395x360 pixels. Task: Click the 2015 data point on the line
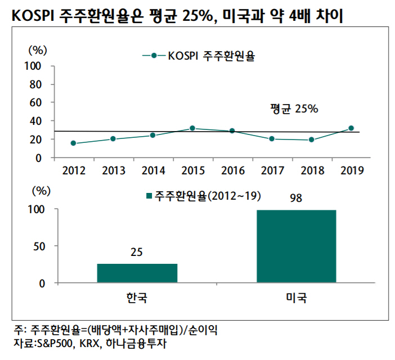coord(192,128)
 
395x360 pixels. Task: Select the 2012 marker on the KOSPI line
coord(73,143)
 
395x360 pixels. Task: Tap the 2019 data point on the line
coord(351,128)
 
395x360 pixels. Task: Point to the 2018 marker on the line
coord(311,139)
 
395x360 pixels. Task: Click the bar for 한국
coord(137,273)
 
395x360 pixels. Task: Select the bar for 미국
coord(296,246)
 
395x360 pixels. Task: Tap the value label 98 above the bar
coord(296,199)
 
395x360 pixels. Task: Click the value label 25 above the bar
coord(137,253)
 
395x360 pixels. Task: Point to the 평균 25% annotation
coord(294,109)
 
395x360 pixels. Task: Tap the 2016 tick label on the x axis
coord(233,170)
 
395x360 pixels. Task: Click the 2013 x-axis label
coord(114,170)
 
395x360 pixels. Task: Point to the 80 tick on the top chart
coord(37,84)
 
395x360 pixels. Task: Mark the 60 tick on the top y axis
coord(37,102)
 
